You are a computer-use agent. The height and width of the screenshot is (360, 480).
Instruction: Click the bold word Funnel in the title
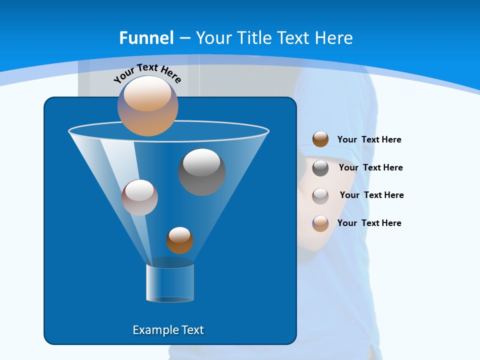[x=146, y=38]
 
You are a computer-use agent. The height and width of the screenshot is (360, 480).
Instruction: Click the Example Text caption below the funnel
[x=168, y=330]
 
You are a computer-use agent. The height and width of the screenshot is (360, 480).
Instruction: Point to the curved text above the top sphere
[x=147, y=72]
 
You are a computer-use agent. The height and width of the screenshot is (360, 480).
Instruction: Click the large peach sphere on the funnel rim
[x=148, y=105]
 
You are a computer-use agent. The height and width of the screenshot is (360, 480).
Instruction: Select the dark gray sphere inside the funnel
[x=201, y=171]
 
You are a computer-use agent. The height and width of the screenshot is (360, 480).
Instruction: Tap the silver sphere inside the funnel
[x=139, y=197]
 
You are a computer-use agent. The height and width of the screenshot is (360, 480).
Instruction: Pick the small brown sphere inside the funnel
[x=179, y=240]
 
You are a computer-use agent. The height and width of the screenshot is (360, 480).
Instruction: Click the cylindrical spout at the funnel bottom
[x=170, y=283]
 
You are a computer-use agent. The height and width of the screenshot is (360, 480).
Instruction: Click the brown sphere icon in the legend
[x=320, y=139]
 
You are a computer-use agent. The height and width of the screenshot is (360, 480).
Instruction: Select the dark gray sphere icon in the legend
[x=320, y=167]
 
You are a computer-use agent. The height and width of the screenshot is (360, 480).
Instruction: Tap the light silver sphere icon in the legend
[x=320, y=195]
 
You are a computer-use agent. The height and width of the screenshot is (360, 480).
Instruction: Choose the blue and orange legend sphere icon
[x=320, y=223]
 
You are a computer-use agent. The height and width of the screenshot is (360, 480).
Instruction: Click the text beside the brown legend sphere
[x=369, y=139]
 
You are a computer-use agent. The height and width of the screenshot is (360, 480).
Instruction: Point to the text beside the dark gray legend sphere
[x=370, y=167]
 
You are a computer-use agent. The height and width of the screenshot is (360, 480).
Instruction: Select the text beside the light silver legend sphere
[x=371, y=195]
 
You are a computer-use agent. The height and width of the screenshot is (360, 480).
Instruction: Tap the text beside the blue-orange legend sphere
[x=369, y=223]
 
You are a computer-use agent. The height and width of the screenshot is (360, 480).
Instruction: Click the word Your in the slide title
[x=213, y=38]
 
